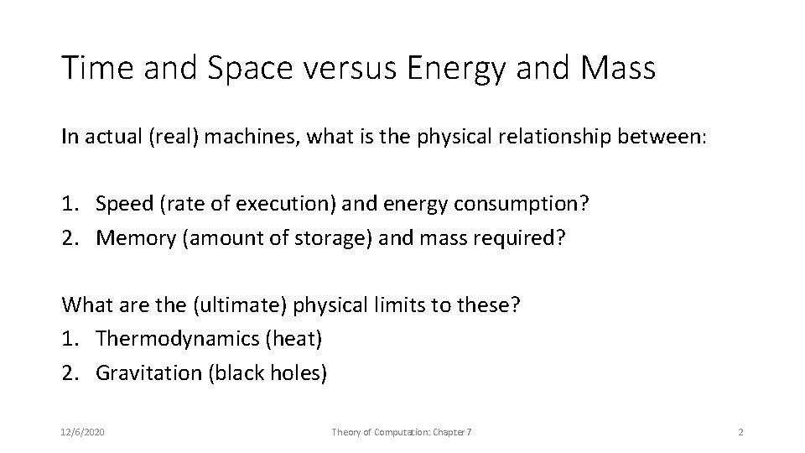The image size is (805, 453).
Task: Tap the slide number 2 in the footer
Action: [740, 431]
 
